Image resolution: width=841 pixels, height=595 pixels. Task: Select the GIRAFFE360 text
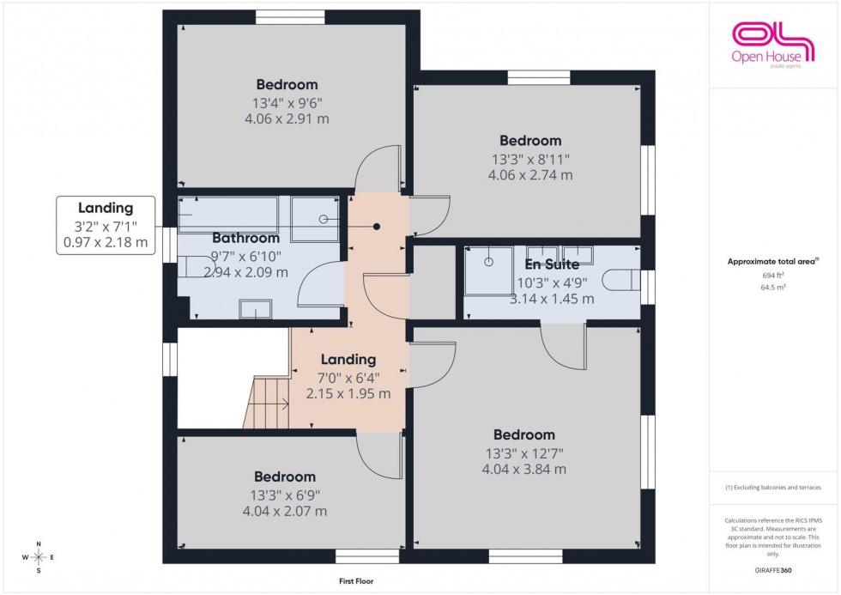(774, 569)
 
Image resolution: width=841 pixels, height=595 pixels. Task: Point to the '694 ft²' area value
(774, 275)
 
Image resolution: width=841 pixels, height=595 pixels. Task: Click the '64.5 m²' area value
(774, 288)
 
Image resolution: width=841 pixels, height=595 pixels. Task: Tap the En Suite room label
(551, 264)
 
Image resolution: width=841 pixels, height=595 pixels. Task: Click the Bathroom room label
(245, 238)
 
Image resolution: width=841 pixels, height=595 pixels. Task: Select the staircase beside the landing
(267, 404)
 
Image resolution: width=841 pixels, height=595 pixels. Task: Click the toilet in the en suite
(621, 280)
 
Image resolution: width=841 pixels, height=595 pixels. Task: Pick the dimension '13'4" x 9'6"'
(287, 102)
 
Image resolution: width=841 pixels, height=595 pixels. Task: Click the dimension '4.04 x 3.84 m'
(523, 469)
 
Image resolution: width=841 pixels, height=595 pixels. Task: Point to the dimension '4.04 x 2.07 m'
(284, 511)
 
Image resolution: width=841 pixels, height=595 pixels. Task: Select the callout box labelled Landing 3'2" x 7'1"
(106, 225)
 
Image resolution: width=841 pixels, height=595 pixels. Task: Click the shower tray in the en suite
(488, 270)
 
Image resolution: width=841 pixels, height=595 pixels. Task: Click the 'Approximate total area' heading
(774, 261)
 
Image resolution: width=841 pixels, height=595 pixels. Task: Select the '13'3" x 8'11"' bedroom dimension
(530, 158)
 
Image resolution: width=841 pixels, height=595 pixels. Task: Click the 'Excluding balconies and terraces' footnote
(774, 487)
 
